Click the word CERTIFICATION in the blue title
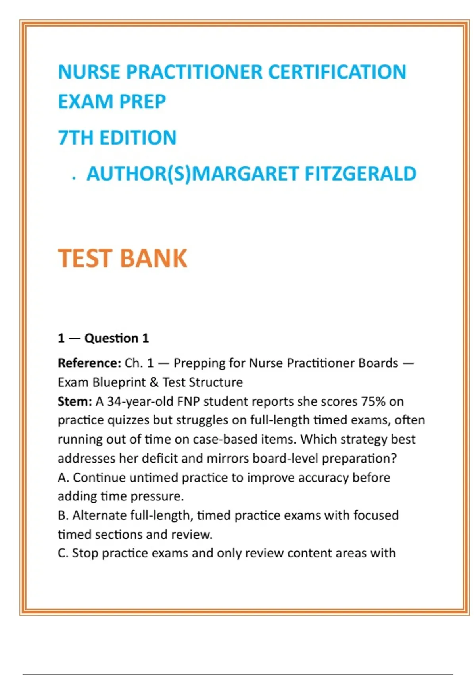337,72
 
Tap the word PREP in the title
142,102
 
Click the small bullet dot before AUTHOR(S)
74,179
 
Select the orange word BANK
153,258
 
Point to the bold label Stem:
75,401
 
